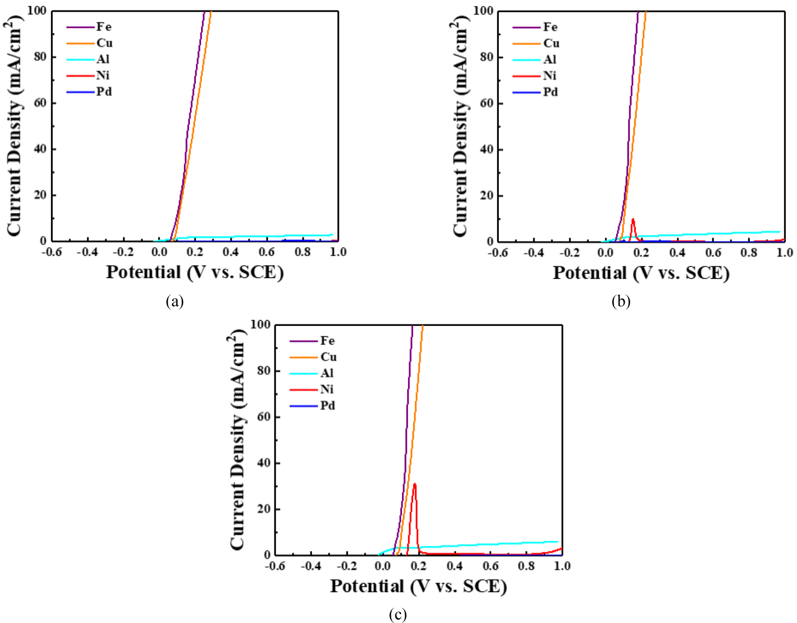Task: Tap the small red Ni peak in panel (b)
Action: (633, 220)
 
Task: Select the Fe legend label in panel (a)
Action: (104, 27)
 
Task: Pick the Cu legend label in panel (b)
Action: (551, 43)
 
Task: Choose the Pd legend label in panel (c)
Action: (327, 405)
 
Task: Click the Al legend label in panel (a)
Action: (103, 59)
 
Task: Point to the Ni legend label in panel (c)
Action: (326, 389)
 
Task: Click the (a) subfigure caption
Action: (175, 301)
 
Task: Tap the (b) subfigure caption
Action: (621, 301)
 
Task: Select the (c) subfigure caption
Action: (397, 614)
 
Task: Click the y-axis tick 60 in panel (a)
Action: (40, 103)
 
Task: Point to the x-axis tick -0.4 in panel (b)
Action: (534, 252)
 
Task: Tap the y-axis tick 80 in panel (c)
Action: (264, 371)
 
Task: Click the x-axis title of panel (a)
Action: (194, 272)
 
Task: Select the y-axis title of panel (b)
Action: (461, 126)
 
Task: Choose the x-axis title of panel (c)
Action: (418, 586)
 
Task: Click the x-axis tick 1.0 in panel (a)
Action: (338, 252)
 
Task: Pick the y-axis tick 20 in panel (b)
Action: (487, 195)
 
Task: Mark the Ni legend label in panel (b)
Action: (550, 76)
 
